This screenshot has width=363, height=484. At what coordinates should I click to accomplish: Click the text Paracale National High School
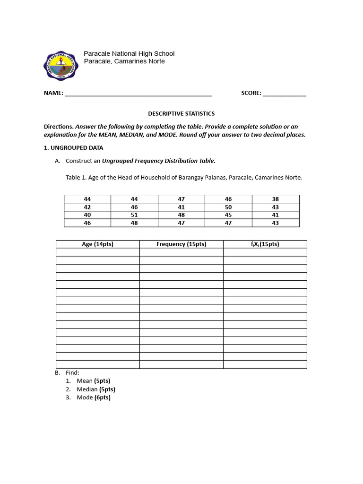[x=129, y=53]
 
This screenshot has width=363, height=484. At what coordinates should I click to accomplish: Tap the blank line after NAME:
[x=138, y=94]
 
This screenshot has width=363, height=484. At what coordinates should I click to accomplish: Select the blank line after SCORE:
[x=285, y=94]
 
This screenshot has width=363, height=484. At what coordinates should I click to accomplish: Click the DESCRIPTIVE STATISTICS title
[x=181, y=113]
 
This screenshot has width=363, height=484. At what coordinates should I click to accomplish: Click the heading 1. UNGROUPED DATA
[x=73, y=147]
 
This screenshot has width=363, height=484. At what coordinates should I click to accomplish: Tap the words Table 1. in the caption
[x=77, y=178]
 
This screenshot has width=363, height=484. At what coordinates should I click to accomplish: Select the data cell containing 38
[x=276, y=199]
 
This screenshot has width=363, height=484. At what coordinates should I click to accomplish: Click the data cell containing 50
[x=228, y=207]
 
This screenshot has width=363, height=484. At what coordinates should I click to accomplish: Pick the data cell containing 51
[x=134, y=215]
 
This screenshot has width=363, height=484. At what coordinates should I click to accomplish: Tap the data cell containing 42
[x=87, y=207]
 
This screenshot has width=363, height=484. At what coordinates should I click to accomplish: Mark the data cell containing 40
[x=87, y=215]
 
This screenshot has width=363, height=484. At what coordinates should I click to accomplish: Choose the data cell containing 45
[x=228, y=215]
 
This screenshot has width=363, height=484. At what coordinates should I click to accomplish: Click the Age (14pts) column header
[x=98, y=244]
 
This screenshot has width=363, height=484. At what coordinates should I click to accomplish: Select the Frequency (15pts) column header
[x=181, y=244]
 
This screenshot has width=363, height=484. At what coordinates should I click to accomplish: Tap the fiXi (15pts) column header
[x=265, y=244]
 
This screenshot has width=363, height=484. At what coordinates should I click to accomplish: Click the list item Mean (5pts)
[x=94, y=380]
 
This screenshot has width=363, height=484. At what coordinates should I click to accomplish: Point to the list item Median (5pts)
[x=96, y=389]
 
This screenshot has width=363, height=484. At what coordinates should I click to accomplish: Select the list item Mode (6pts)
[x=94, y=398]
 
